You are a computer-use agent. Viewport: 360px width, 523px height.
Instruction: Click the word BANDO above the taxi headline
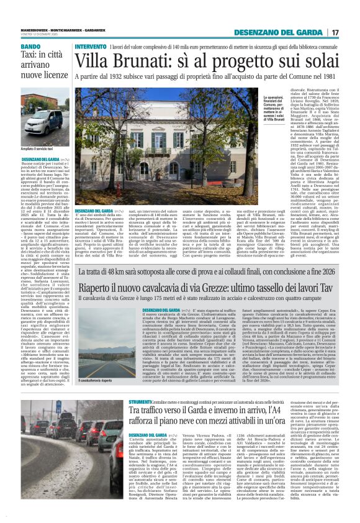click(30, 47)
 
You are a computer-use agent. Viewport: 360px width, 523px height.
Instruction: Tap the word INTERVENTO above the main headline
click(90, 47)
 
